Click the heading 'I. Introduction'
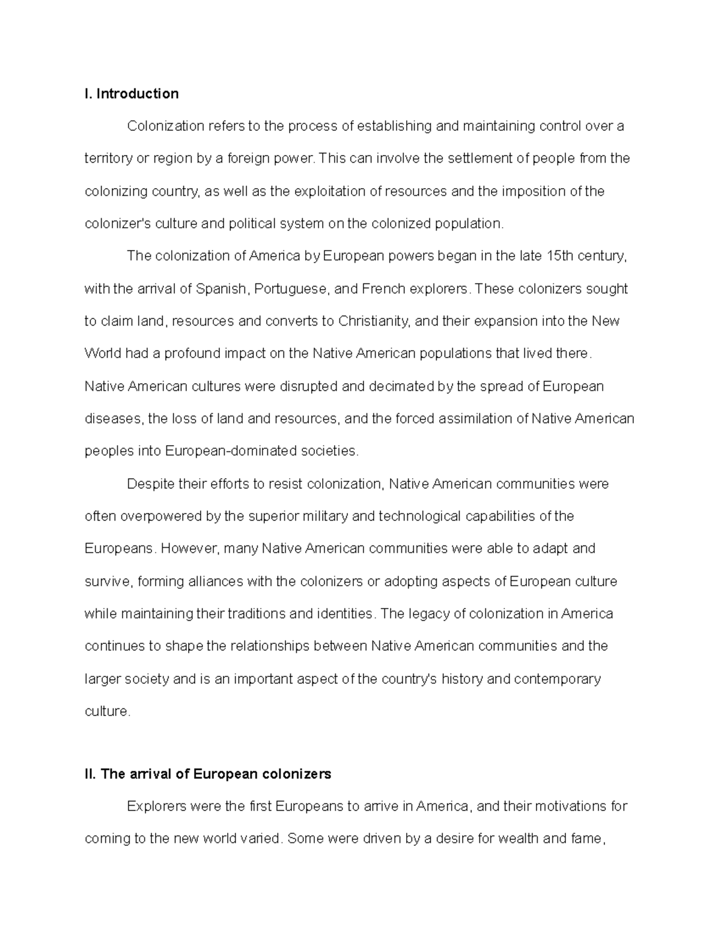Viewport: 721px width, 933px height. tap(132, 94)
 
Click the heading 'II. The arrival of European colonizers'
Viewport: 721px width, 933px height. tap(208, 774)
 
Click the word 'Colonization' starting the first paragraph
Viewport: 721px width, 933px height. tap(165, 126)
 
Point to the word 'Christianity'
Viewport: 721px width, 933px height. tap(374, 321)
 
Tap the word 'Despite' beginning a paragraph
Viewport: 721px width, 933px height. tap(150, 484)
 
